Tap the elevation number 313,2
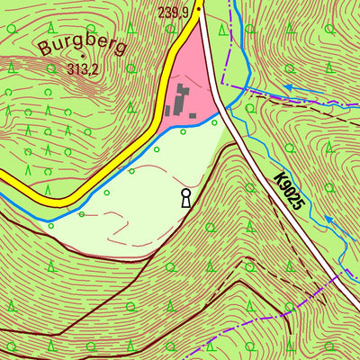83,69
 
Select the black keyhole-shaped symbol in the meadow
186,198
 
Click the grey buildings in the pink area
183,100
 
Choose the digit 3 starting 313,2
69,69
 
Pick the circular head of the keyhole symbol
186,193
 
